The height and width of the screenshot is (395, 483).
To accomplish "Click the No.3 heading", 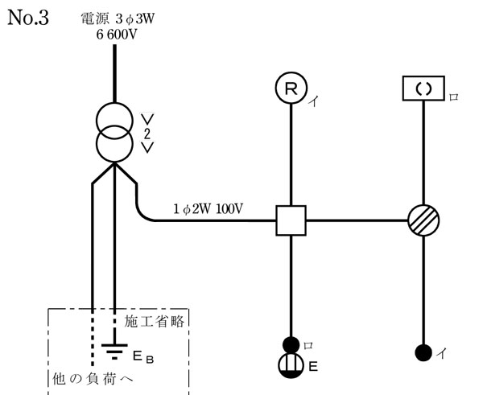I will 28,18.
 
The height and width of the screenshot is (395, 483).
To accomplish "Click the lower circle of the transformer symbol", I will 114,146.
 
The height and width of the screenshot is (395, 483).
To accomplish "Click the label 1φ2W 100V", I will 208,210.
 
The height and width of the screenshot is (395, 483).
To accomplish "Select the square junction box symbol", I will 291,220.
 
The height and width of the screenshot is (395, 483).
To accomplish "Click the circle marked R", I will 291,88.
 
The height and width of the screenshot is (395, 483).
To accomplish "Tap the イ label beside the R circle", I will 312,102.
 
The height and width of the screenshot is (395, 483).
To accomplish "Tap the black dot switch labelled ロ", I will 291,344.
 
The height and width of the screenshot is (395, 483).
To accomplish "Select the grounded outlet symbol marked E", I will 291,365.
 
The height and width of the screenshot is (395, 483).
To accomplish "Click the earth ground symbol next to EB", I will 114,348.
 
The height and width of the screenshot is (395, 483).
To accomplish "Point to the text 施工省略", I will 156,320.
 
